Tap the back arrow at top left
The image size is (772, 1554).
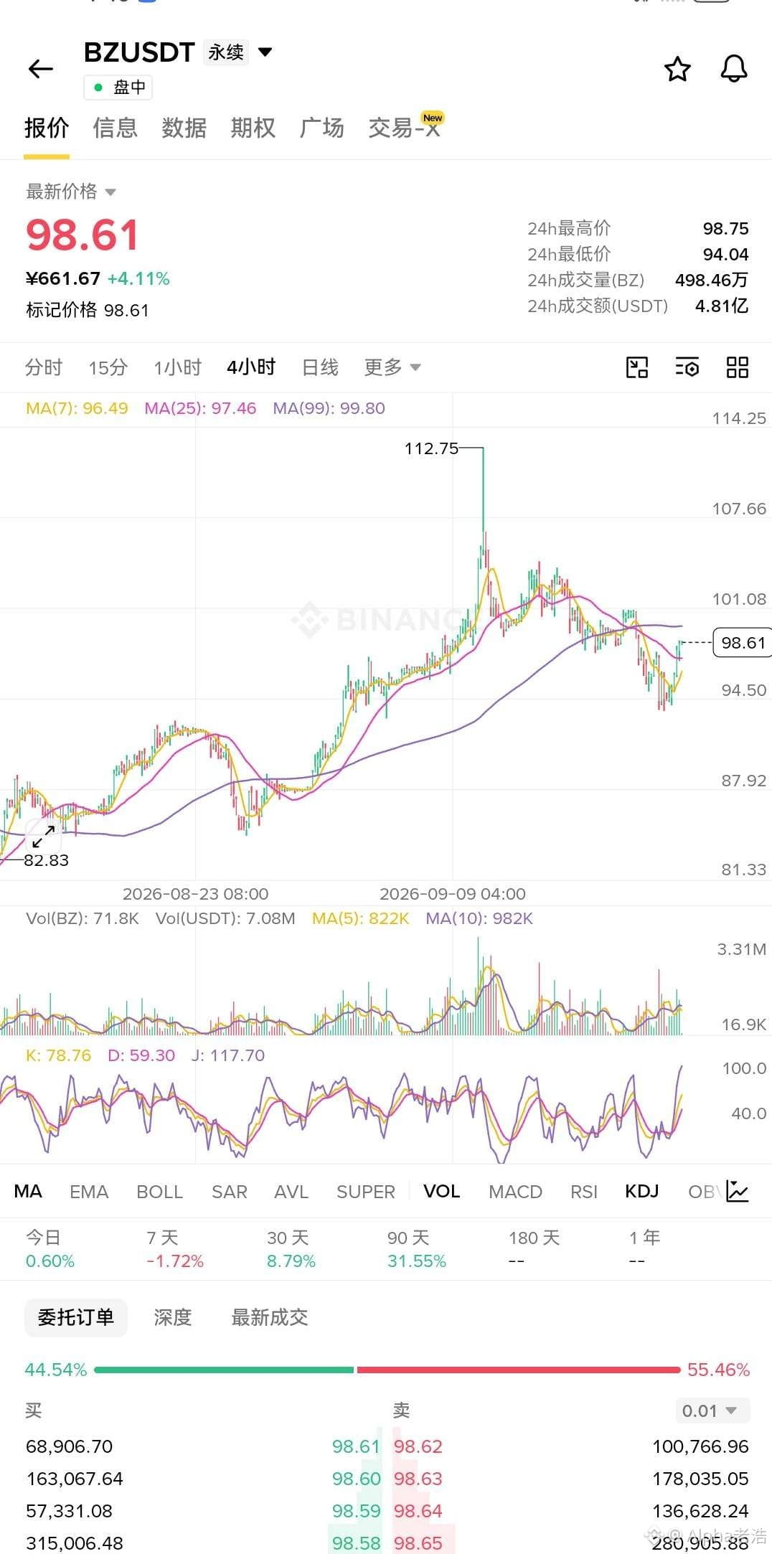click(41, 69)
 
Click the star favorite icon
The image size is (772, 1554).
click(677, 69)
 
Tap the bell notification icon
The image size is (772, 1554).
click(733, 69)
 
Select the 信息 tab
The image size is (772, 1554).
click(115, 128)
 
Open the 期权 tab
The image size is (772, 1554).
click(253, 128)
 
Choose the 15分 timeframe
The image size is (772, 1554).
click(108, 367)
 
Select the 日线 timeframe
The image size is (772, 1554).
click(320, 367)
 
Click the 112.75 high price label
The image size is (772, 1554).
click(431, 448)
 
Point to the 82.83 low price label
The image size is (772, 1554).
click(46, 860)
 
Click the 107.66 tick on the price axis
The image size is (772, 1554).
click(739, 509)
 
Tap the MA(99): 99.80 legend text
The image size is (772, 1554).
click(329, 408)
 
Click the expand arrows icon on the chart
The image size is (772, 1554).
click(43, 836)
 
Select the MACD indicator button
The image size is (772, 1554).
click(515, 1192)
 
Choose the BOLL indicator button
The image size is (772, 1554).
click(159, 1192)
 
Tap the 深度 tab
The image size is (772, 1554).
click(172, 1317)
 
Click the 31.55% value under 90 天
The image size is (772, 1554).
click(417, 1261)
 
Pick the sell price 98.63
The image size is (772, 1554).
click(418, 1479)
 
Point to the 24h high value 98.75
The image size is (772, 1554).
click(725, 229)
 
